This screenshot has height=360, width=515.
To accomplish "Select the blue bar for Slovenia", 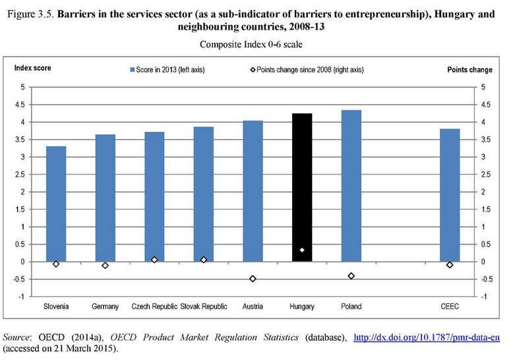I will point(56,204).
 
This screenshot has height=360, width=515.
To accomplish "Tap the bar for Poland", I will point(351,185).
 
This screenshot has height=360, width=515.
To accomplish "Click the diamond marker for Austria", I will point(253,279).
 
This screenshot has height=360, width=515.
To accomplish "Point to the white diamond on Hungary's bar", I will point(302,250).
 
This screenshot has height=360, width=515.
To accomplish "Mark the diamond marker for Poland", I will point(351,276).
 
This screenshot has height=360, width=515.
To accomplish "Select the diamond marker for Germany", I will point(105,265).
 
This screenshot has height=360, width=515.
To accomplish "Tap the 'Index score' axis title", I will point(33,68).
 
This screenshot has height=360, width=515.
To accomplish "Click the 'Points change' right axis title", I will point(470,69).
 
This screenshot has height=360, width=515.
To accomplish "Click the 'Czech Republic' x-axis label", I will point(154,307).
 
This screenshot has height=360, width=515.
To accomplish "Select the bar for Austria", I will point(253,191).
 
